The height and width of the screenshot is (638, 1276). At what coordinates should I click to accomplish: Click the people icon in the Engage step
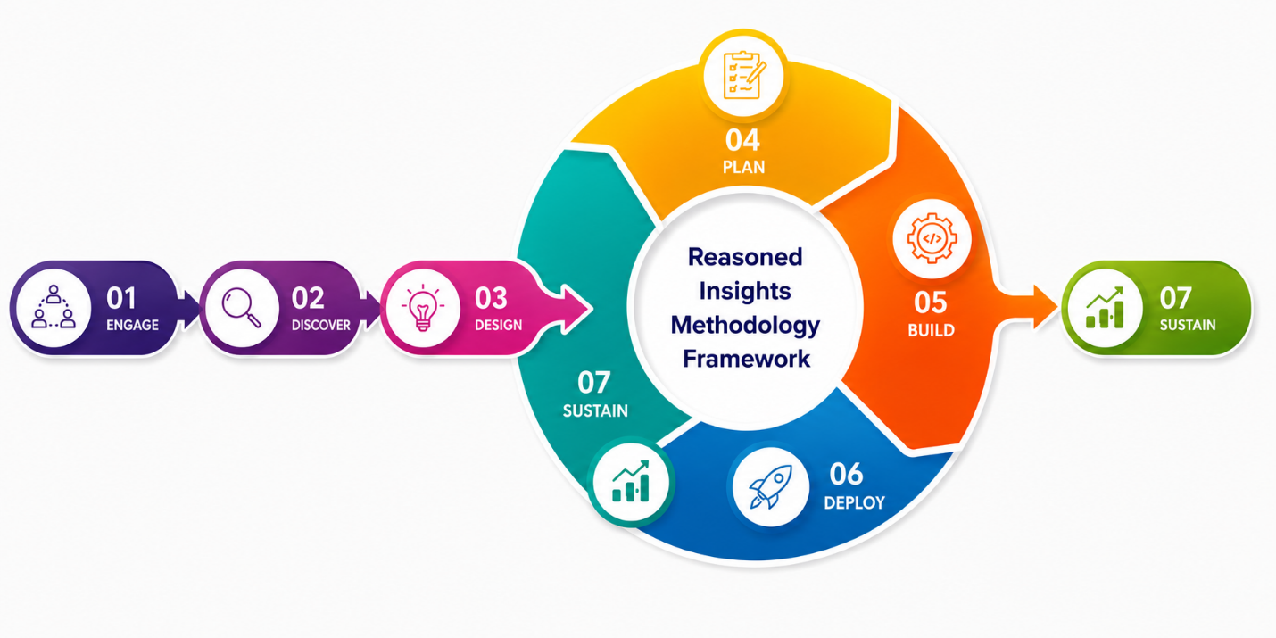(x=54, y=307)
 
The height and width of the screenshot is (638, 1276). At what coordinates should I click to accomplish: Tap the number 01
(x=121, y=298)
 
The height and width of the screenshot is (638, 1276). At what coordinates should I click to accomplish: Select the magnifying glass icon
(x=242, y=308)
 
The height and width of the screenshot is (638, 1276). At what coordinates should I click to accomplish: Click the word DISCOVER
(x=320, y=326)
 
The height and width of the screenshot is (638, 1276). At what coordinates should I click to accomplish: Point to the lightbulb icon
(x=423, y=307)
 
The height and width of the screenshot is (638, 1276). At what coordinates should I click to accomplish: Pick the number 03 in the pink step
(x=491, y=298)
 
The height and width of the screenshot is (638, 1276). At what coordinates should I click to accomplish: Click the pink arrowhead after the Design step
(x=576, y=308)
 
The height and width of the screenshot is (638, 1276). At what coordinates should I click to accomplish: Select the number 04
(x=742, y=140)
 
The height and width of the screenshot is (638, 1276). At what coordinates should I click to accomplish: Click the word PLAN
(x=743, y=167)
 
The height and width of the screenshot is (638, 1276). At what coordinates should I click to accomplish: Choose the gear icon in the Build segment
(x=932, y=238)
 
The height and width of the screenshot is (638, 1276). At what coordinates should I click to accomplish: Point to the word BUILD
(x=931, y=330)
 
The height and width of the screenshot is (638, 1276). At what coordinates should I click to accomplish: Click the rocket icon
(x=771, y=486)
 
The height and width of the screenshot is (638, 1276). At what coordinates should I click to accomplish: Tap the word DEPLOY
(x=855, y=502)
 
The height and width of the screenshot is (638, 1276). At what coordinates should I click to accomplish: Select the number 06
(x=846, y=474)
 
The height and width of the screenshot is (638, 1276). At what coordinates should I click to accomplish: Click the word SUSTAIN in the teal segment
(x=595, y=410)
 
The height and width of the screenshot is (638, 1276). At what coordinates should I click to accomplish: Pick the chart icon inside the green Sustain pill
(x=1105, y=307)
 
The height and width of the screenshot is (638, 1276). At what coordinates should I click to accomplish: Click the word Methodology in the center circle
(x=745, y=326)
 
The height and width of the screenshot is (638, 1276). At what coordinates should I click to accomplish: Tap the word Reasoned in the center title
(x=745, y=257)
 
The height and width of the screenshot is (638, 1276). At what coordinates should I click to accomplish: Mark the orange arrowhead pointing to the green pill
(x=1045, y=308)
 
